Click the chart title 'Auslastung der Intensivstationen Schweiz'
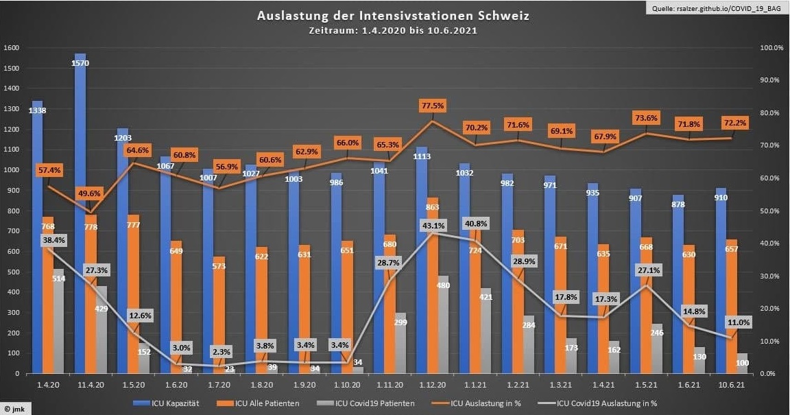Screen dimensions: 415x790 coord(394,16)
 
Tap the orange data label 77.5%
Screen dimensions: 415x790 coord(433,106)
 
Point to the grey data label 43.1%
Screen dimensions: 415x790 coord(433,225)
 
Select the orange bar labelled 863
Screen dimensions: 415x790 coord(433,288)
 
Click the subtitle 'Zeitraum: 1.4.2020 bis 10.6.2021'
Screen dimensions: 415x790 coord(394,31)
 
